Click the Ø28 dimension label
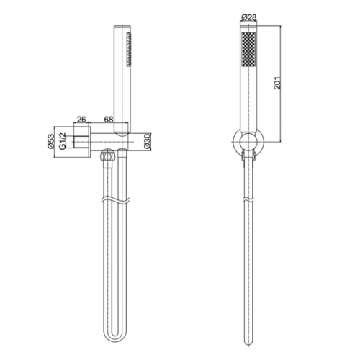pos(248,17)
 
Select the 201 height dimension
pos(277,83)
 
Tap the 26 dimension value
pos(81,120)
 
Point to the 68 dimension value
pos(109,120)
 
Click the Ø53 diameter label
pos(51,142)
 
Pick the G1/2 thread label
pos(62,142)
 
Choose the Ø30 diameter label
pos(148,142)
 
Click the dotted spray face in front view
pos(248,49)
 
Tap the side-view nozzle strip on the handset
pos(129,48)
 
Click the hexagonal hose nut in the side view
pos(108,156)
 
